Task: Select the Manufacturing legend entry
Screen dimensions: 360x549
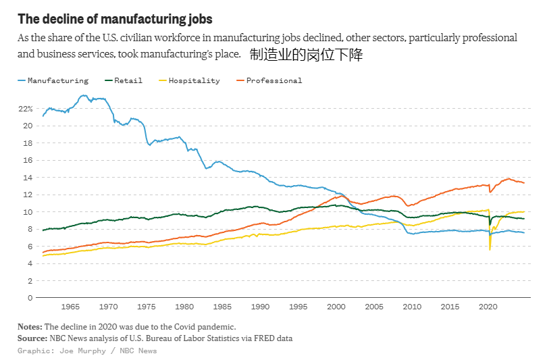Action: point(57,80)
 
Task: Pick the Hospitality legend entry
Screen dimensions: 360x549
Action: point(194,80)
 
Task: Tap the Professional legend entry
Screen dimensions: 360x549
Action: point(273,80)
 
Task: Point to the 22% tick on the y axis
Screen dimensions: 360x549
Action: point(25,109)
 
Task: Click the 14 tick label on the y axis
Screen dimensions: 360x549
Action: point(28,178)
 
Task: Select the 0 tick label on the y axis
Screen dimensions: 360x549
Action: point(30,297)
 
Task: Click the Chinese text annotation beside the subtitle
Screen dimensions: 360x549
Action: point(306,55)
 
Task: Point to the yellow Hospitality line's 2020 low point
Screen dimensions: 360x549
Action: point(490,250)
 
